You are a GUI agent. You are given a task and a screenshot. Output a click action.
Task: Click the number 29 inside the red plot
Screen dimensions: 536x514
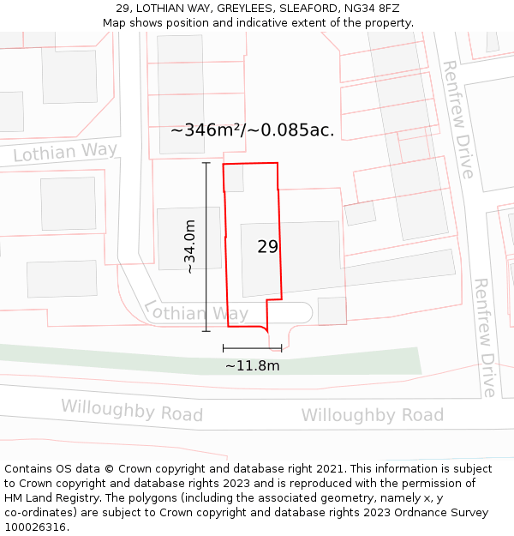click(x=267, y=247)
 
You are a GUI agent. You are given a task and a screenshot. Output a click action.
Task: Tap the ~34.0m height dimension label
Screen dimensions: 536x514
click(x=190, y=247)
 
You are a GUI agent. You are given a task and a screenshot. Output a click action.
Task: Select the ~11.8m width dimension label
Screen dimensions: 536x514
click(x=252, y=366)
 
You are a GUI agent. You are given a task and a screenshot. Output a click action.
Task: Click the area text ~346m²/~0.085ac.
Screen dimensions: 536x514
click(x=252, y=130)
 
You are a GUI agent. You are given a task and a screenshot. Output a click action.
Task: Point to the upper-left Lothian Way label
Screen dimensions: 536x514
click(x=65, y=153)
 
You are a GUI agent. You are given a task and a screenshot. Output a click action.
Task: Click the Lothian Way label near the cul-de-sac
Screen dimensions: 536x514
click(x=196, y=312)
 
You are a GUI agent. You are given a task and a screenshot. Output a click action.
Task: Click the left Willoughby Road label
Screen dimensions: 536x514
click(x=132, y=411)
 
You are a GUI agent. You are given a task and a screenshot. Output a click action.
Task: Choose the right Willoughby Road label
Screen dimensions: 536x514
click(x=372, y=416)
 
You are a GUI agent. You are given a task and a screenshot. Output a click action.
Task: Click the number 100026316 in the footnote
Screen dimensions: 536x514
click(x=33, y=527)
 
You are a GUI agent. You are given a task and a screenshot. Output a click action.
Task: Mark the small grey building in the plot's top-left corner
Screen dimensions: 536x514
click(x=234, y=178)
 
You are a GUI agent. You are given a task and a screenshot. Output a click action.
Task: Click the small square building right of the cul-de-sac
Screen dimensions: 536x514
click(x=332, y=310)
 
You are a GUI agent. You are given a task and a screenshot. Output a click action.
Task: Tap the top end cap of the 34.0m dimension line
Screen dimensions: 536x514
click(x=206, y=162)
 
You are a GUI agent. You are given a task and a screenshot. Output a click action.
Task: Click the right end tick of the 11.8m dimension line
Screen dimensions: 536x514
click(x=281, y=347)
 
